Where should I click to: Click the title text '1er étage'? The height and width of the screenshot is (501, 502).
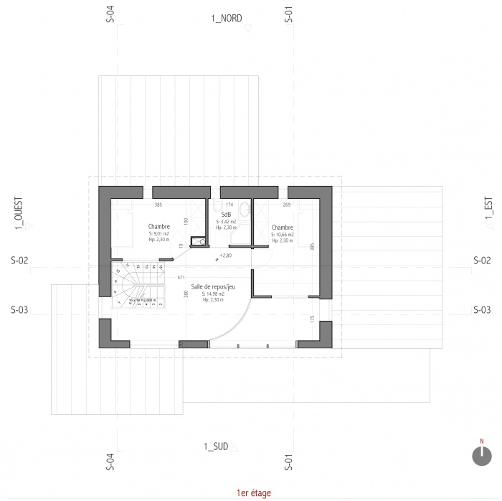[x=251, y=492]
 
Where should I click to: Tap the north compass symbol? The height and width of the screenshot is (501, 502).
[x=481, y=455]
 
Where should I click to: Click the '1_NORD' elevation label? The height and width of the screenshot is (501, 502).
[x=225, y=17]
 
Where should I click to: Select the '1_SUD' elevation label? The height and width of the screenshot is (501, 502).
[x=216, y=446]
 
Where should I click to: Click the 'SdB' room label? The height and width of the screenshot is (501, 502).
[x=226, y=214]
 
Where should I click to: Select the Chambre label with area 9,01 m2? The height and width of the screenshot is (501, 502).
[x=159, y=226]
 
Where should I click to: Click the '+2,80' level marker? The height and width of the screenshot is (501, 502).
[x=226, y=255]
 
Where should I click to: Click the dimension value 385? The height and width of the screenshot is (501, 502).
[x=159, y=205]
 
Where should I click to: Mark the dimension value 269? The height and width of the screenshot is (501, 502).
[x=287, y=205]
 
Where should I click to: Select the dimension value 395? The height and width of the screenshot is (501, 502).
[x=312, y=246]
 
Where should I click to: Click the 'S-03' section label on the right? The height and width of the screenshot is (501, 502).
[x=482, y=310]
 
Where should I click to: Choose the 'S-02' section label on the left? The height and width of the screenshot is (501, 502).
[x=19, y=261]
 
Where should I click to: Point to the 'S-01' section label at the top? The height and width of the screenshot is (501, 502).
[x=288, y=17]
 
